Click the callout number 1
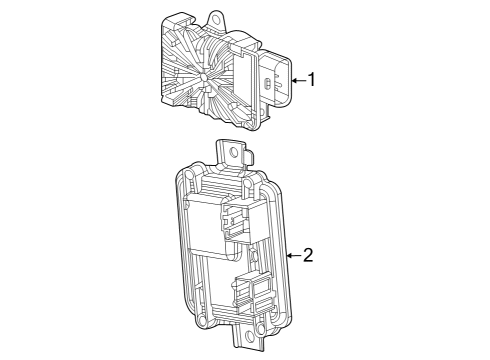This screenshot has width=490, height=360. (x=311, y=78)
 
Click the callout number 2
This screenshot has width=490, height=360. (x=308, y=255)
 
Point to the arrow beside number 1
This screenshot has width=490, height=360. (x=296, y=78)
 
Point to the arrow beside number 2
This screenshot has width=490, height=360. (x=293, y=255)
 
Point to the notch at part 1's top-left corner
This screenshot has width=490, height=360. (x=167, y=20)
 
